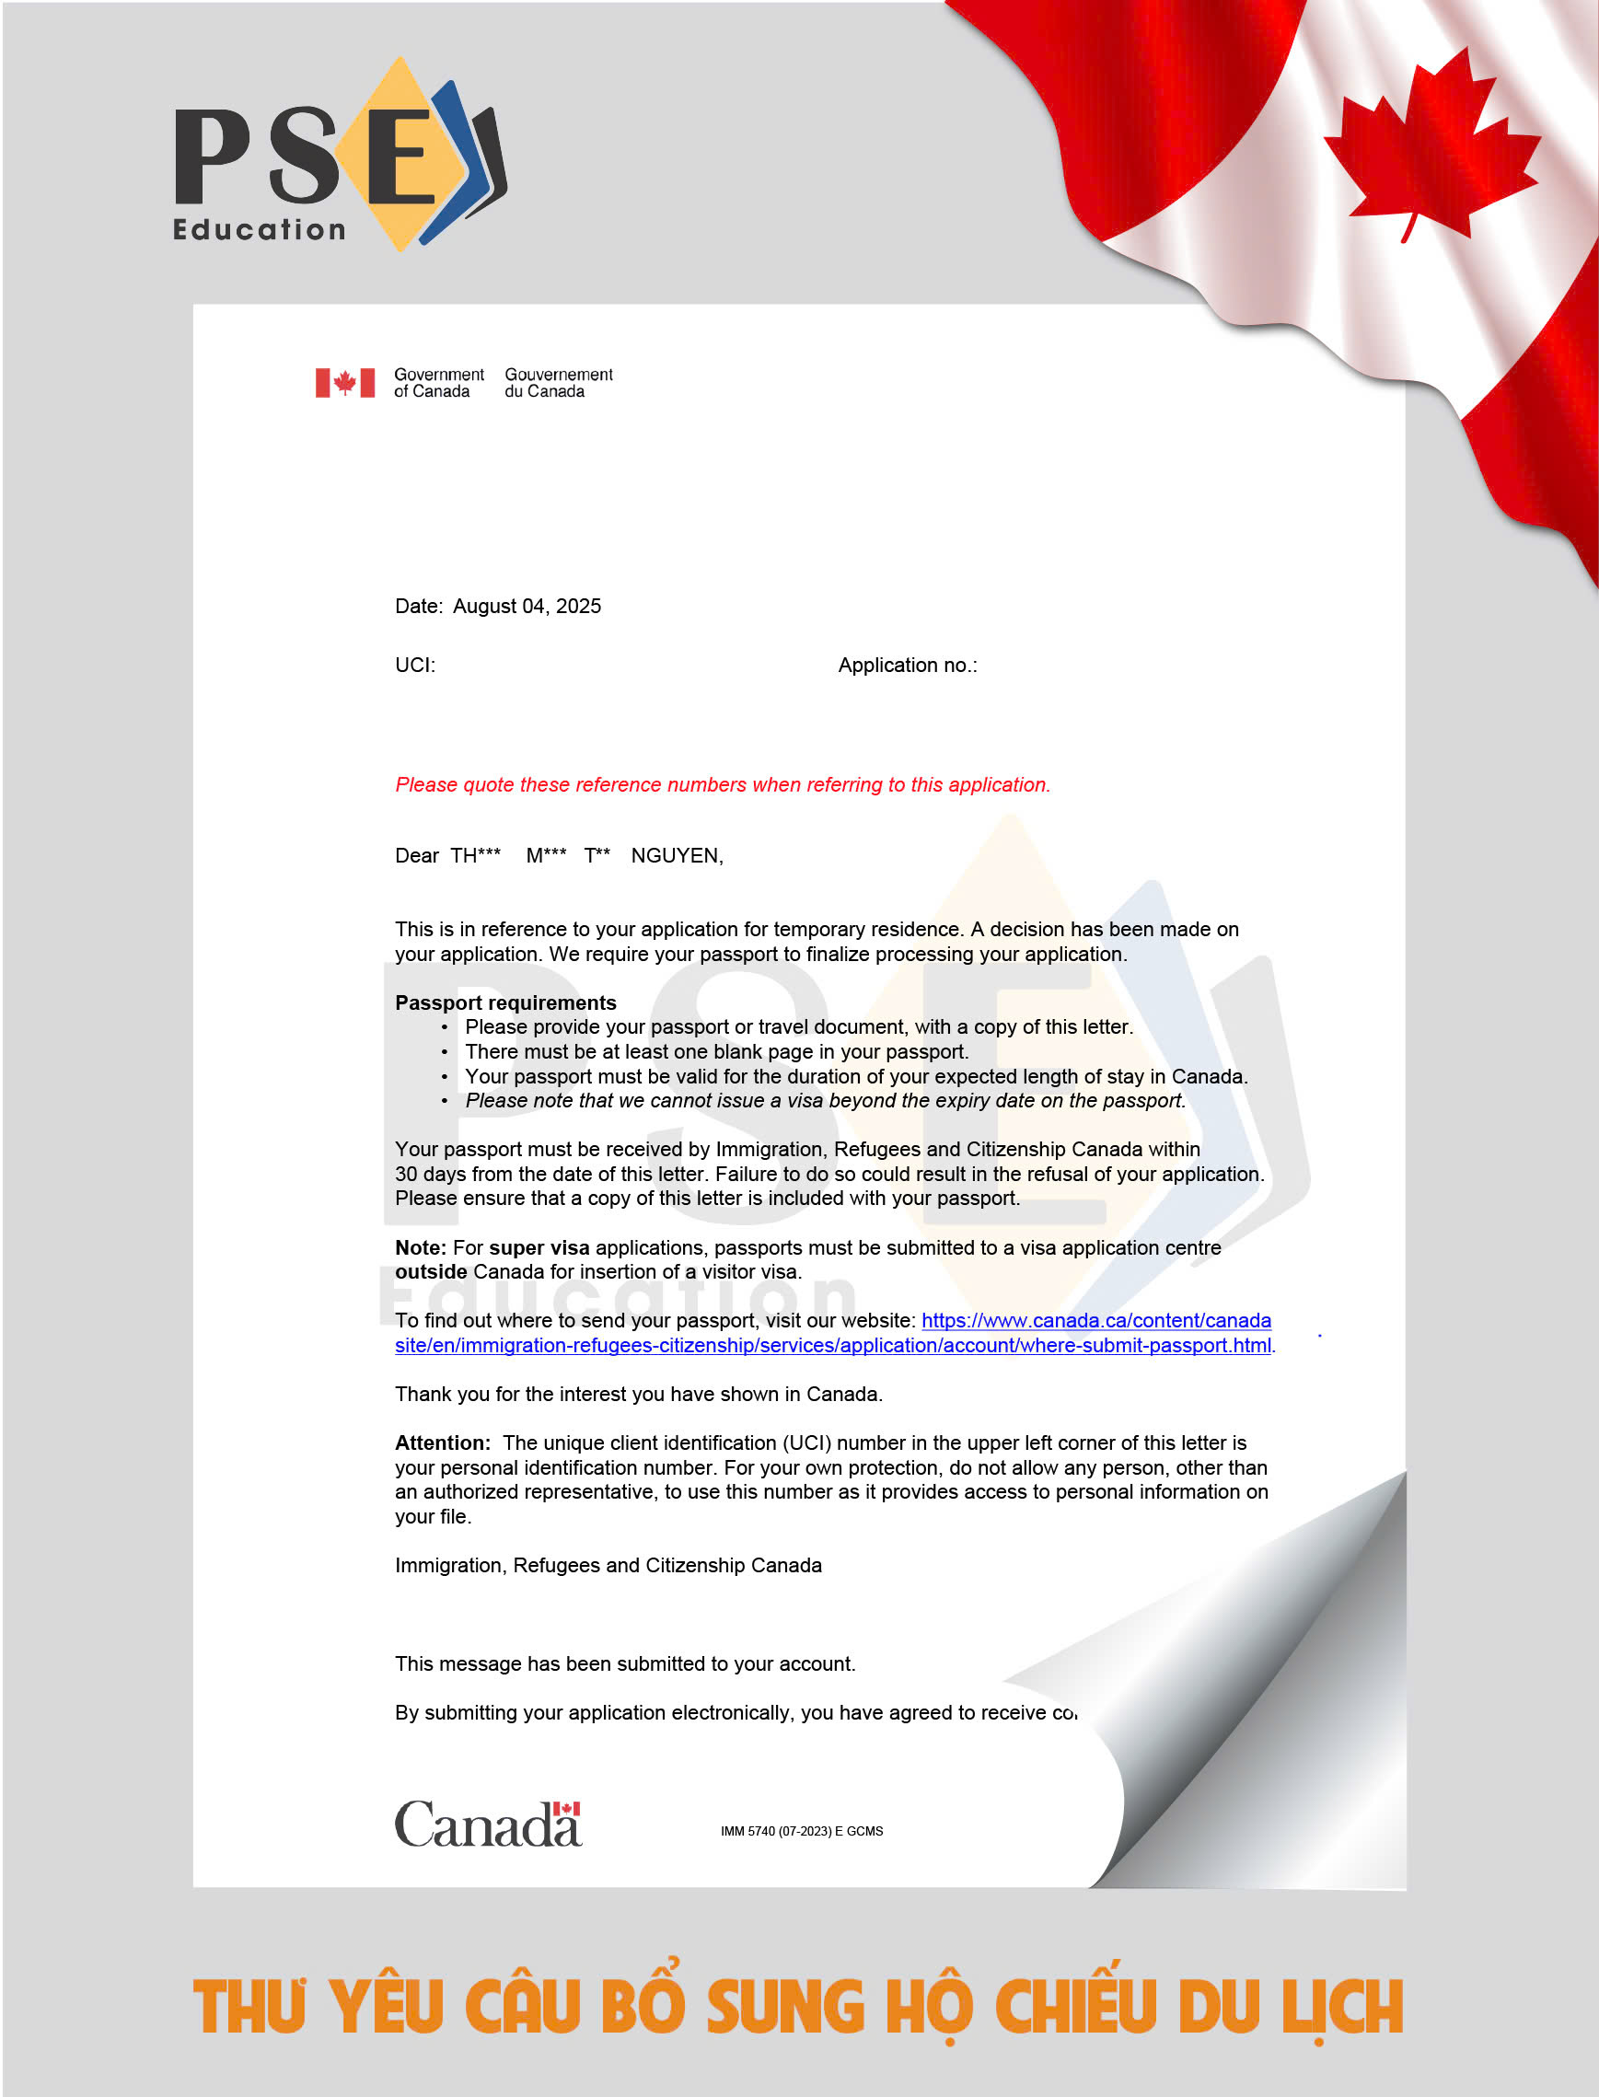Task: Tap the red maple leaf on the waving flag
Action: (1428, 143)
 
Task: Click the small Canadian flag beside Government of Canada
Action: (344, 383)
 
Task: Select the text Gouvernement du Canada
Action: (558, 383)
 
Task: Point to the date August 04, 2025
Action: (527, 607)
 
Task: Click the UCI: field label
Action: (415, 666)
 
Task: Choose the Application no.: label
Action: (907, 666)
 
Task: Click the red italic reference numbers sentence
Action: (723, 784)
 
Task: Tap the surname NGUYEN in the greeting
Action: (676, 856)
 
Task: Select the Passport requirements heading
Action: (505, 1002)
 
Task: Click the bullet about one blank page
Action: (716, 1052)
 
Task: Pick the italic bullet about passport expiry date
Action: (824, 1100)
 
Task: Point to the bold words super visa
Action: (539, 1247)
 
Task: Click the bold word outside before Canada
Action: (430, 1271)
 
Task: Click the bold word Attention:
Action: (443, 1443)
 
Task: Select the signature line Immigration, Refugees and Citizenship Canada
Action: (608, 1565)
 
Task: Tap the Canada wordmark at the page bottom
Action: (487, 1824)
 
